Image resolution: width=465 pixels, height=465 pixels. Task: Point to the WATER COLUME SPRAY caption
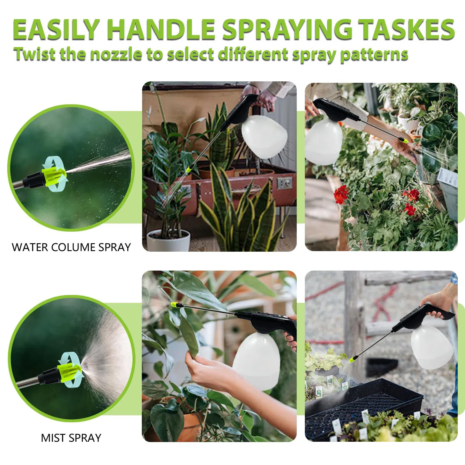71,247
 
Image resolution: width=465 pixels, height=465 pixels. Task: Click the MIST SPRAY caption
71,438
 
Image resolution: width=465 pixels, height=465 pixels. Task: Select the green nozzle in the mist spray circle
69,370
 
